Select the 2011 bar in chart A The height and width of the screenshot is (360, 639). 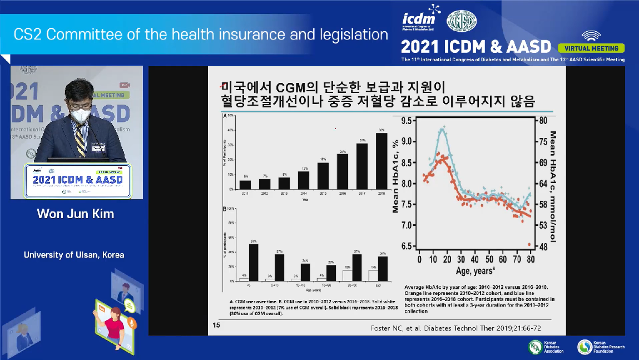[x=245, y=185]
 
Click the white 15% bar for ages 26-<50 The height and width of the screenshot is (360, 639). [x=347, y=275]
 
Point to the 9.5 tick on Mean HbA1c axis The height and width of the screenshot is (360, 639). [x=406, y=120]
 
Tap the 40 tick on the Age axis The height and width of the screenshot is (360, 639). [x=474, y=260]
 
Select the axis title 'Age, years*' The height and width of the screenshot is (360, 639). [x=474, y=271]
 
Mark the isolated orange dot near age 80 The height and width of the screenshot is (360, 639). [x=529, y=244]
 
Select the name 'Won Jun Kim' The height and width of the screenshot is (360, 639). [x=75, y=214]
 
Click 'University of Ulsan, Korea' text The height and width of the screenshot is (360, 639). [x=74, y=255]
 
